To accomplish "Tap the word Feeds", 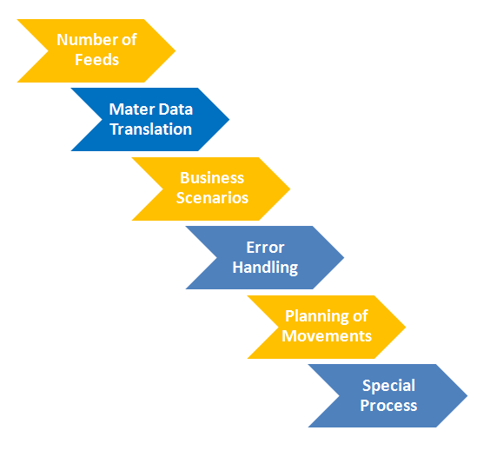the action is [96, 60].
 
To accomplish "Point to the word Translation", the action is [151, 129].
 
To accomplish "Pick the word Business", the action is [212, 178].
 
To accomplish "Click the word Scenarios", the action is [212, 198].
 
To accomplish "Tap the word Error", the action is [265, 248].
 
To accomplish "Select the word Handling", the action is [265, 268].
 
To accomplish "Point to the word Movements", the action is [327, 336].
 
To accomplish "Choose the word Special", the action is [388, 386].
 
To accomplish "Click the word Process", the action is [388, 406].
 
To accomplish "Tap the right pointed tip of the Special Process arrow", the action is [467, 395].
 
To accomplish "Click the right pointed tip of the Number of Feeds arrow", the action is [176, 50].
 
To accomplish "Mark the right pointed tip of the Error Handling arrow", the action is [344, 257].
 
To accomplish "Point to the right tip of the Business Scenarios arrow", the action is [290, 189].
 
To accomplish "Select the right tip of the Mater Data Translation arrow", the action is [229, 119].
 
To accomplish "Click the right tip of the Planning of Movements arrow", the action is [406, 327].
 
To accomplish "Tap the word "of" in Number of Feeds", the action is [129, 40].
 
